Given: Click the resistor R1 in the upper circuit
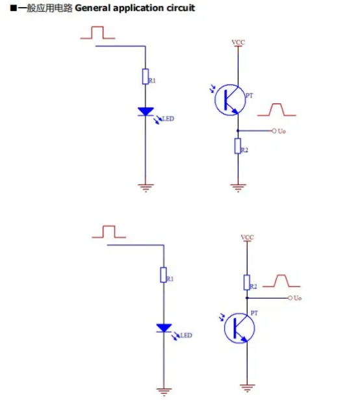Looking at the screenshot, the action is click(145, 77).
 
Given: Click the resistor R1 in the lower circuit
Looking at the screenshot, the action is click(164, 275).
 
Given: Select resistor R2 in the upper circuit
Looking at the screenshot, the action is click(238, 146).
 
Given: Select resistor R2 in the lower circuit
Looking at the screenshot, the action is click(247, 283).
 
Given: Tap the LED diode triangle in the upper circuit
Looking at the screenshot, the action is click(146, 112).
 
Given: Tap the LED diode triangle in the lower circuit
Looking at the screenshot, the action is click(164, 328).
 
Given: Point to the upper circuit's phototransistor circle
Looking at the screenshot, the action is click(215, 100).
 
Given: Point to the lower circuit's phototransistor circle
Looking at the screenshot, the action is click(224, 328).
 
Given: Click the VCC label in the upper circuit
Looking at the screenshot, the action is click(238, 42).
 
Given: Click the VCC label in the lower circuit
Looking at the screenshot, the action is click(248, 238).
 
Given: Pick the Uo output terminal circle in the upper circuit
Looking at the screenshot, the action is click(274, 131).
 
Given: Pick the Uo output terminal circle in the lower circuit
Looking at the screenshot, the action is click(290, 298).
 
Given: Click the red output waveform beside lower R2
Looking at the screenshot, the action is click(282, 275).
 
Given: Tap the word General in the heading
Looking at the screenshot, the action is click(92, 8).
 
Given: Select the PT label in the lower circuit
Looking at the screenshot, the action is click(254, 313).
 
